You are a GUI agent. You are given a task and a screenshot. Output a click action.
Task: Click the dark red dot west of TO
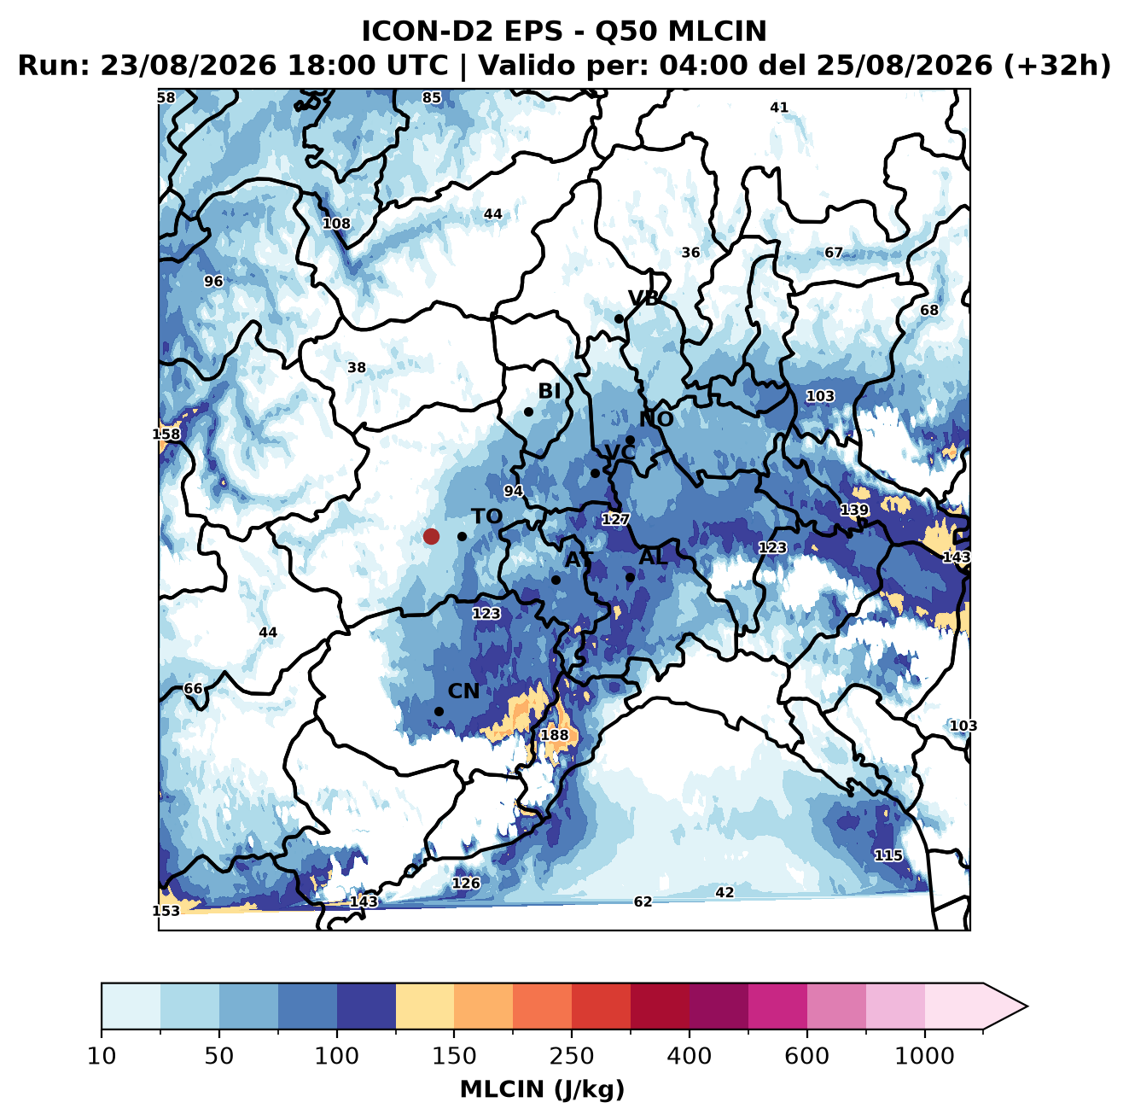tap(431, 536)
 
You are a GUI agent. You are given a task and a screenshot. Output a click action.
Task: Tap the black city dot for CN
tap(439, 711)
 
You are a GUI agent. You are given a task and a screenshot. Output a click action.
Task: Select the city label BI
tap(550, 391)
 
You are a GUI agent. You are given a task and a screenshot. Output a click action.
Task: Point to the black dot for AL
tap(630, 577)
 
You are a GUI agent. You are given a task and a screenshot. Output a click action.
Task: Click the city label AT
tap(579, 560)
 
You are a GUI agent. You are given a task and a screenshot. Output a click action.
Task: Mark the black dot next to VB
tap(620, 318)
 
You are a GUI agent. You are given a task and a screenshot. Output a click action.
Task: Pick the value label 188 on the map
tap(554, 735)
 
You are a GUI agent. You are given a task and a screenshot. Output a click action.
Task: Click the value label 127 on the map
tap(615, 519)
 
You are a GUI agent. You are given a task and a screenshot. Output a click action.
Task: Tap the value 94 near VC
tap(513, 491)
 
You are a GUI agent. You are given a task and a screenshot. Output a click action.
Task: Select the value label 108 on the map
tap(337, 224)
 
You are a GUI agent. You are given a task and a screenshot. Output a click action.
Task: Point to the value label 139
tap(854, 510)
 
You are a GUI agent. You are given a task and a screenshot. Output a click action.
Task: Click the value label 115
tap(888, 855)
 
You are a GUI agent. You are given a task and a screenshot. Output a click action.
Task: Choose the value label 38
tap(357, 368)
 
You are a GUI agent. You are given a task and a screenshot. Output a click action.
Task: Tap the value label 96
tap(213, 282)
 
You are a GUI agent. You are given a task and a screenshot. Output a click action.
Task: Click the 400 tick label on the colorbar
tap(689, 1055)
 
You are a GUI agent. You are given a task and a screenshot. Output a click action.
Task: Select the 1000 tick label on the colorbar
tap(924, 1055)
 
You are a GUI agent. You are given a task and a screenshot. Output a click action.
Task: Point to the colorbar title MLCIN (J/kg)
tap(542, 1089)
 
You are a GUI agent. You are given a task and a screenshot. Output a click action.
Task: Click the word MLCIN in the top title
tap(717, 32)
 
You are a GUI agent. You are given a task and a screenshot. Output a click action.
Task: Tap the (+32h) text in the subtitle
tap(1057, 66)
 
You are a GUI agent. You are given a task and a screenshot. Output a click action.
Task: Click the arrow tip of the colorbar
tap(1027, 1006)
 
